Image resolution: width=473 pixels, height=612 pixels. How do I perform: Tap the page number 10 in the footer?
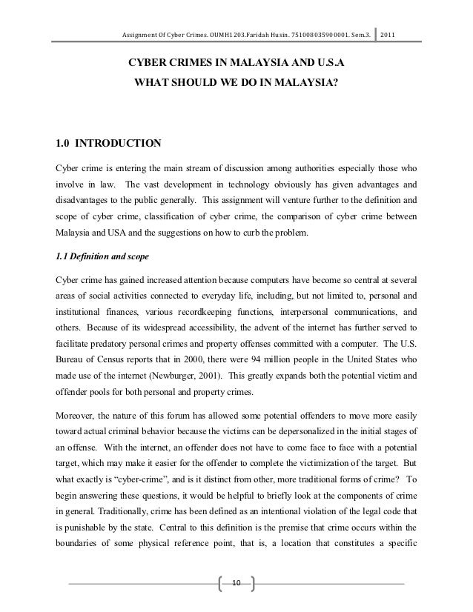click(x=236, y=586)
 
